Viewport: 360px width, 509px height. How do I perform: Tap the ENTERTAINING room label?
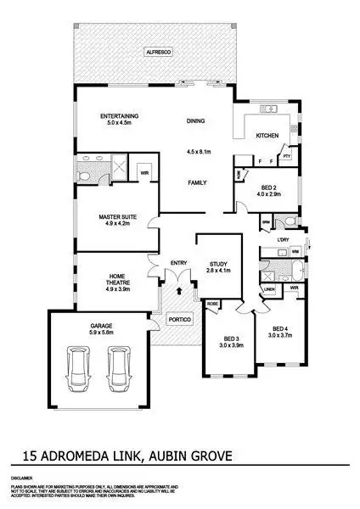(119, 116)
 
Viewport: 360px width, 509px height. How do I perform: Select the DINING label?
(196, 120)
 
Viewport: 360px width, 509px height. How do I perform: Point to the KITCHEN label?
(267, 136)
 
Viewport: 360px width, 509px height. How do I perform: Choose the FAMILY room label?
(198, 182)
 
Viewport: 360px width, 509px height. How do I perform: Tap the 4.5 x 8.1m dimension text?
(198, 153)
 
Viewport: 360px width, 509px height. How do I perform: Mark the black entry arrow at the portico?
(179, 290)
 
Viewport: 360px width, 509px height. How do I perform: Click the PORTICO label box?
(178, 319)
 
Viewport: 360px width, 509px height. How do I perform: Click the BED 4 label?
(281, 328)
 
